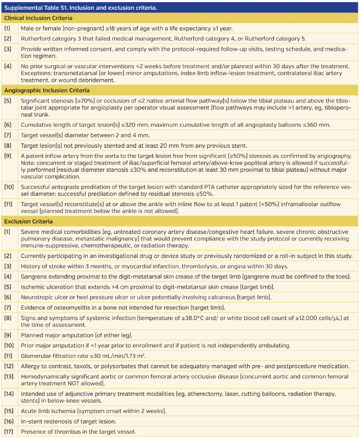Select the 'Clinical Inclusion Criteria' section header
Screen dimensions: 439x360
(x=39, y=18)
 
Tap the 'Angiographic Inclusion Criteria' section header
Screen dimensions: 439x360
(x=47, y=89)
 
